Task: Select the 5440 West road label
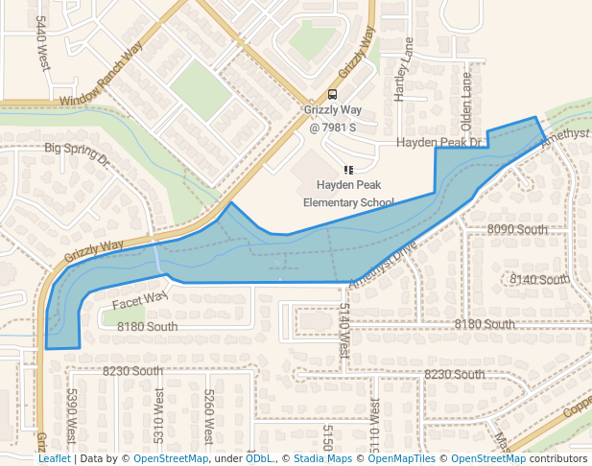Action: tap(42, 43)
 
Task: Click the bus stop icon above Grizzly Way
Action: tap(332, 95)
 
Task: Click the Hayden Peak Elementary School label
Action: tap(348, 193)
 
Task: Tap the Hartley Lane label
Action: tap(402, 68)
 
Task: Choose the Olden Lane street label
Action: tap(467, 96)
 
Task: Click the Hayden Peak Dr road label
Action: tap(438, 142)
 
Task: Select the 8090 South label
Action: tap(517, 230)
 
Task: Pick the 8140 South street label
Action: tap(539, 279)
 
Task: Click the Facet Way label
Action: tap(140, 301)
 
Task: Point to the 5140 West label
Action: tap(344, 331)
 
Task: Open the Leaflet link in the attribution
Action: tap(55, 459)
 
